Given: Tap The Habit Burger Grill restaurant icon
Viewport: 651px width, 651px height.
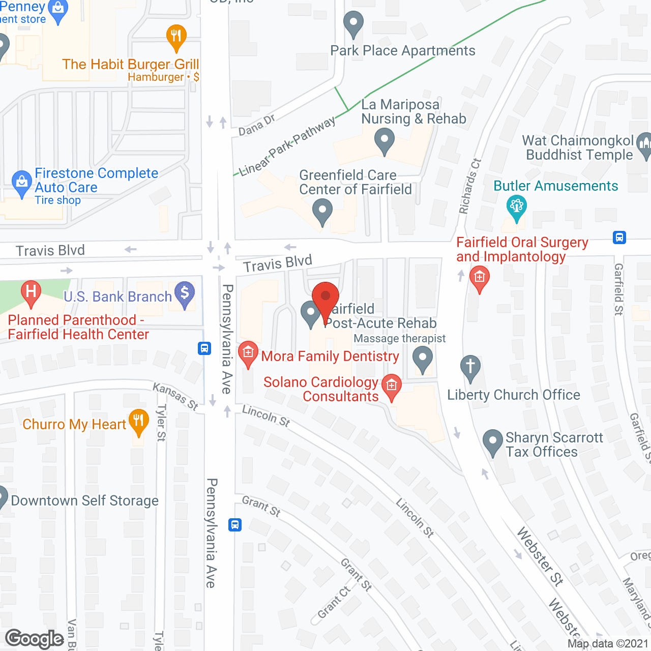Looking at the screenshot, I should pyautogui.click(x=176, y=37).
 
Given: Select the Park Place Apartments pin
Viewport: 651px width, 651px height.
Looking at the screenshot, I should pyautogui.click(x=353, y=24).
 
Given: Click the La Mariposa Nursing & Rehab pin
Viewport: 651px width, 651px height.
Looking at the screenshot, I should pyautogui.click(x=384, y=140).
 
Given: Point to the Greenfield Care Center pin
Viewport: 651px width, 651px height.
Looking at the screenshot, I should pyautogui.click(x=322, y=211).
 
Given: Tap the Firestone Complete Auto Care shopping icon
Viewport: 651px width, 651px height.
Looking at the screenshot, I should pyautogui.click(x=21, y=183).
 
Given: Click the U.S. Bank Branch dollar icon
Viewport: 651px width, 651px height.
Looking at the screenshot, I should pyautogui.click(x=185, y=294).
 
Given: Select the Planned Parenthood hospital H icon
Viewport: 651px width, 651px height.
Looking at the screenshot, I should pyautogui.click(x=31, y=293).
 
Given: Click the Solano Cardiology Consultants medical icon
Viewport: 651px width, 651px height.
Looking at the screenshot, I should pyautogui.click(x=392, y=387).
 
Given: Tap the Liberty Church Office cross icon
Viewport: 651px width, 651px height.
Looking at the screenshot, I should pyautogui.click(x=470, y=367).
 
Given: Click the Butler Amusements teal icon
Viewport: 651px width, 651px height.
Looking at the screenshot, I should pyautogui.click(x=517, y=208).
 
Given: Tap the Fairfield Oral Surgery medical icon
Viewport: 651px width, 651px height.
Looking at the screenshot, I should pyautogui.click(x=479, y=278).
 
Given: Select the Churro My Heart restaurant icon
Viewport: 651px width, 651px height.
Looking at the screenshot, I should pyautogui.click(x=138, y=422).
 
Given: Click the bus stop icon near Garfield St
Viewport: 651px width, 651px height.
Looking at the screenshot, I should pyautogui.click(x=619, y=238).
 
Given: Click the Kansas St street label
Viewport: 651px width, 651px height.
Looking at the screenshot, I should pyautogui.click(x=175, y=397).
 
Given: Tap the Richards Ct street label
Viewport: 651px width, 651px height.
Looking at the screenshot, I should pyautogui.click(x=470, y=186).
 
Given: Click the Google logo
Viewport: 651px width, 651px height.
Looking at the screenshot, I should pyautogui.click(x=35, y=639).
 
